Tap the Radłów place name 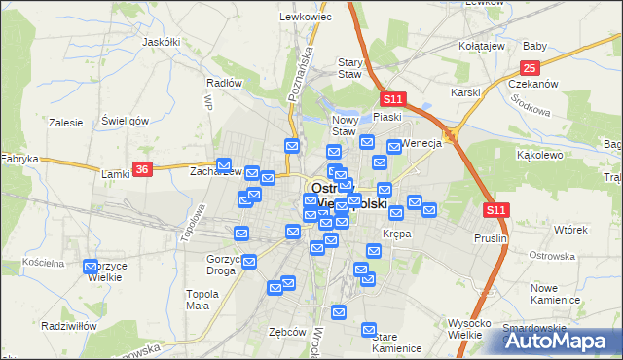(x=224, y=83)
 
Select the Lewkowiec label (x=299, y=17)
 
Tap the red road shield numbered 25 (x=530, y=67)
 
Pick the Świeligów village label (x=125, y=121)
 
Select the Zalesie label (x=65, y=123)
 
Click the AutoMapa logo (x=561, y=341)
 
